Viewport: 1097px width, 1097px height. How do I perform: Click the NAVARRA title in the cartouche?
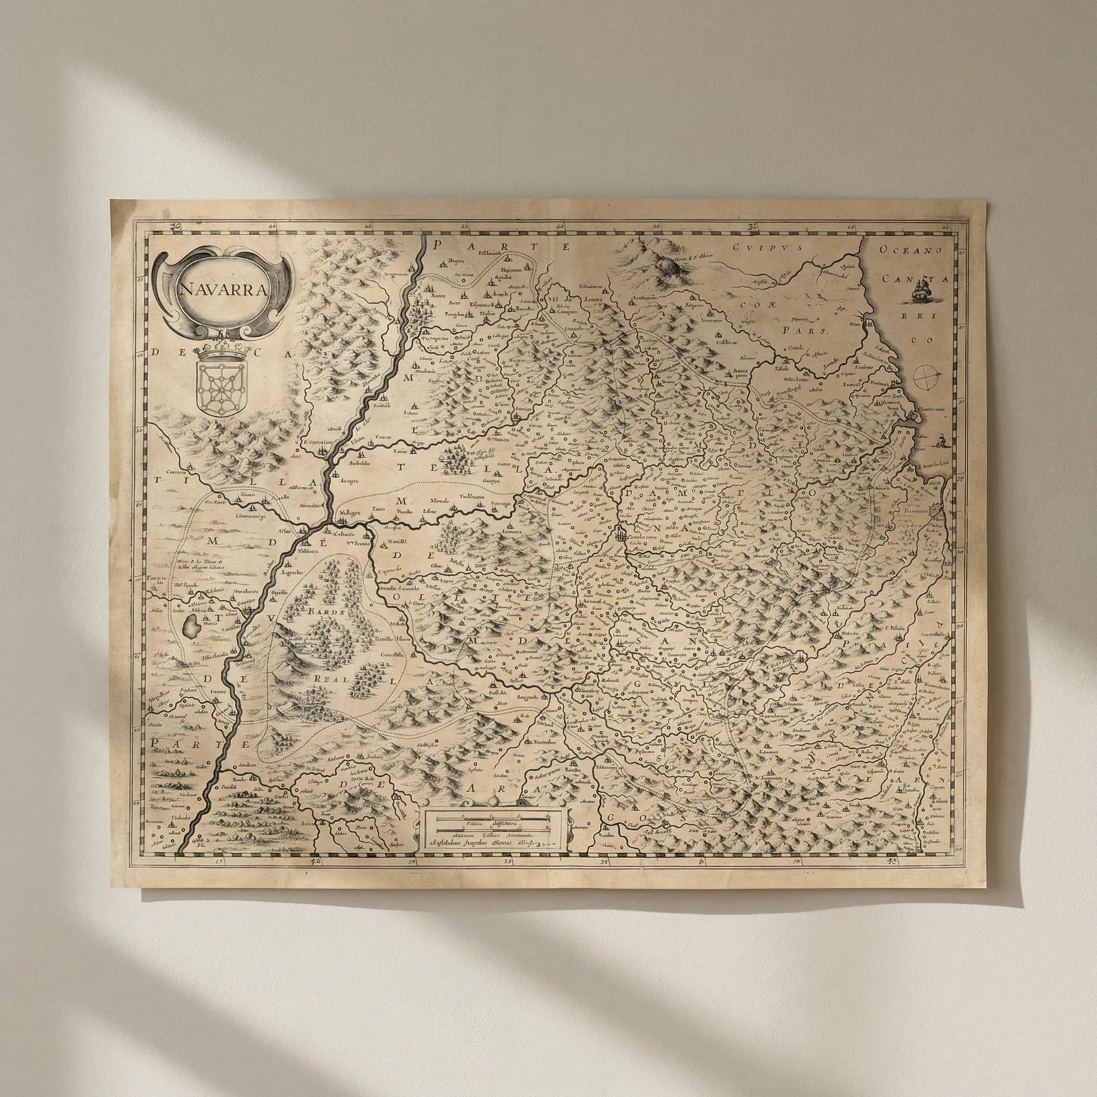tap(223, 288)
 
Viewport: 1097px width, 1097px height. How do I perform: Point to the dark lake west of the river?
tap(193, 625)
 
